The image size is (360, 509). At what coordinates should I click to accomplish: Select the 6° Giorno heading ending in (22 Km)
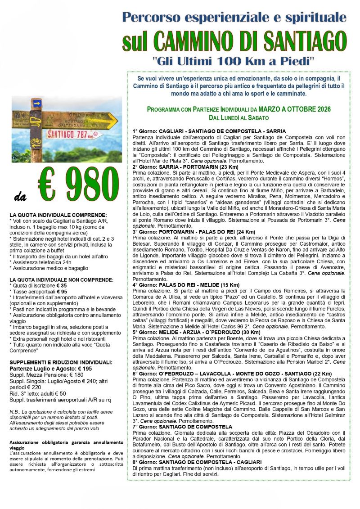click(x=232, y=374)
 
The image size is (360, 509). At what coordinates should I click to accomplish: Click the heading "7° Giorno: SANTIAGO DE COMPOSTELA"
click(x=182, y=427)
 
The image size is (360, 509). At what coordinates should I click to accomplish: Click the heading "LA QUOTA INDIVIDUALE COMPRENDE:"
click(x=58, y=215)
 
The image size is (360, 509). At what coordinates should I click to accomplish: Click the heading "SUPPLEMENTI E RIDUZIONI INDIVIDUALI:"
click(x=61, y=362)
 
